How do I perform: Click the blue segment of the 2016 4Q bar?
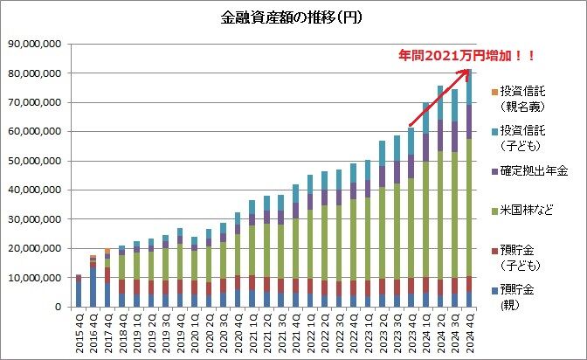pos(93,287)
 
